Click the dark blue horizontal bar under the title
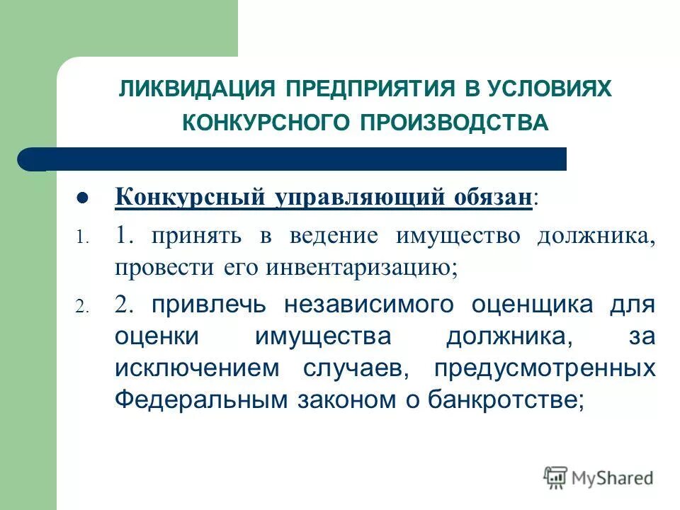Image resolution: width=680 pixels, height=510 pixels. (x=297, y=159)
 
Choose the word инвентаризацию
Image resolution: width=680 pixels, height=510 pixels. (x=362, y=268)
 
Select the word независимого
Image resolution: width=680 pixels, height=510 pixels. (x=368, y=305)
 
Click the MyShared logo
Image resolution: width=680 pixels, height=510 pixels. (x=599, y=477)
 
